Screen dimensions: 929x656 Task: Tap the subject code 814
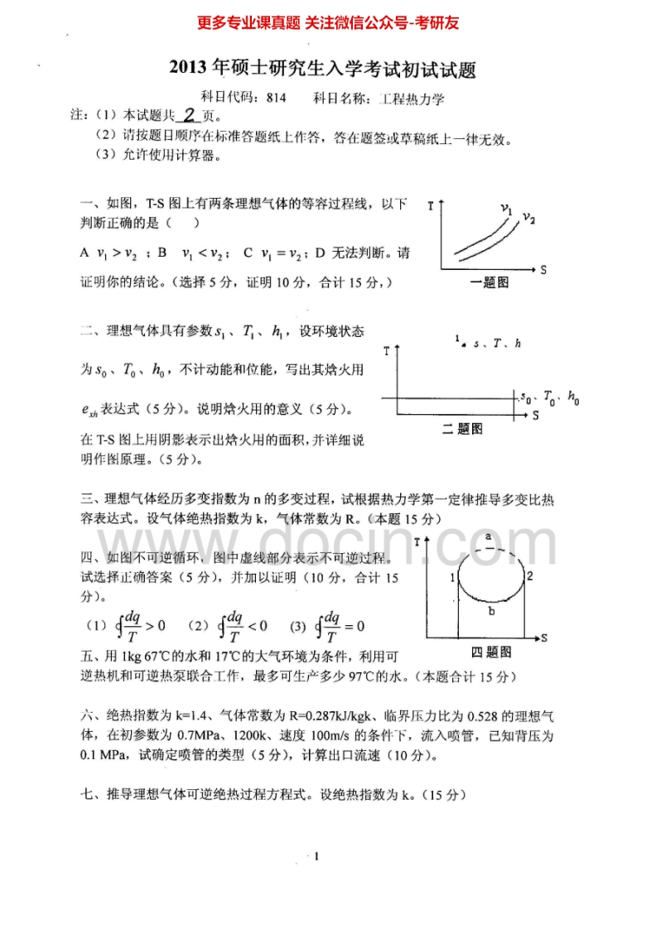click(x=277, y=98)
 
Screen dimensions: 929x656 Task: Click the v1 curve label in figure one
click(x=507, y=209)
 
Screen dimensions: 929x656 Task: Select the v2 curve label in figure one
click(x=528, y=219)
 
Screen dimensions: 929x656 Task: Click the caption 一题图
click(x=489, y=283)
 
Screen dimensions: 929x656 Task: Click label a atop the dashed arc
click(x=489, y=537)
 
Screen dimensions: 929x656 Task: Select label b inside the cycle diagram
click(x=491, y=611)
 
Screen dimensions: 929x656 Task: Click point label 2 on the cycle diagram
click(x=529, y=575)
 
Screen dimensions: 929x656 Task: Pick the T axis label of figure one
click(x=432, y=205)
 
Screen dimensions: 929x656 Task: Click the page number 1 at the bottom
click(x=317, y=856)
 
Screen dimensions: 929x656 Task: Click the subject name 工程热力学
click(x=412, y=98)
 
